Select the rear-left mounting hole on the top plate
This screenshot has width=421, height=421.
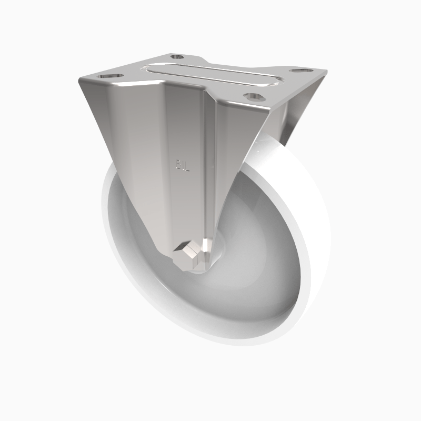[177, 56]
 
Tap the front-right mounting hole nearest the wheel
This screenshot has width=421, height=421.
[254, 96]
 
